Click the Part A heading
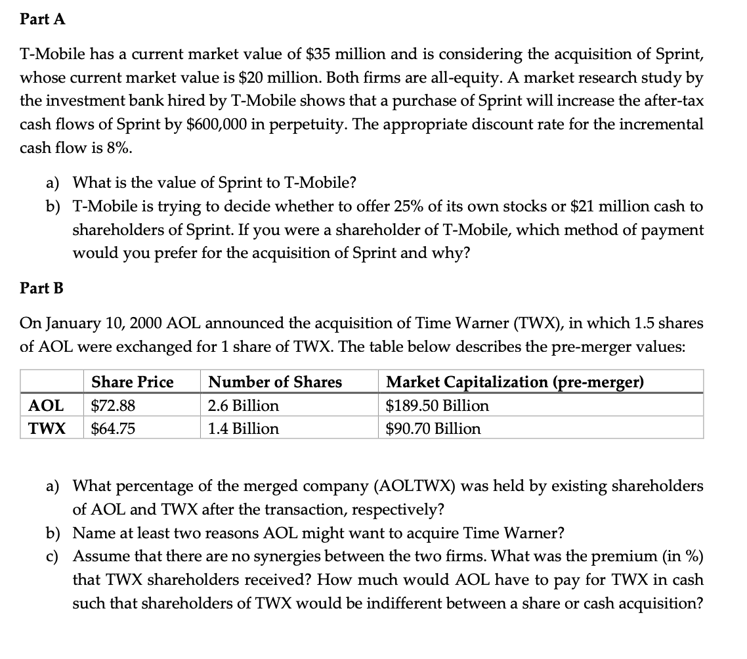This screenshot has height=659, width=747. (x=43, y=20)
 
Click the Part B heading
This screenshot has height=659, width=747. (x=42, y=287)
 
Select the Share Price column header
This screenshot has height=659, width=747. (x=133, y=382)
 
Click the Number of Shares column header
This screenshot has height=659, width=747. (x=275, y=382)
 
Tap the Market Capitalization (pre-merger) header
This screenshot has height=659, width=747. (x=515, y=382)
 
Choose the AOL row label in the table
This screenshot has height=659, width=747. (x=46, y=406)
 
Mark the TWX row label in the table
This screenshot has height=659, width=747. (x=47, y=429)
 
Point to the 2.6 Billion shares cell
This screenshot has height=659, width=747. (x=243, y=406)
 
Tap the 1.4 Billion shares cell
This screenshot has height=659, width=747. (x=243, y=429)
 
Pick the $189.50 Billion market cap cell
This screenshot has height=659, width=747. (x=437, y=406)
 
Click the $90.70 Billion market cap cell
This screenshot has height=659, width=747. (x=433, y=429)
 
